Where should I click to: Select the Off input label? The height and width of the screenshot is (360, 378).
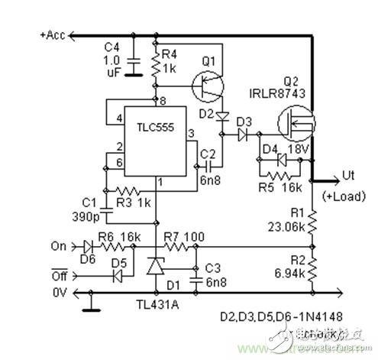[x=59, y=269]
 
